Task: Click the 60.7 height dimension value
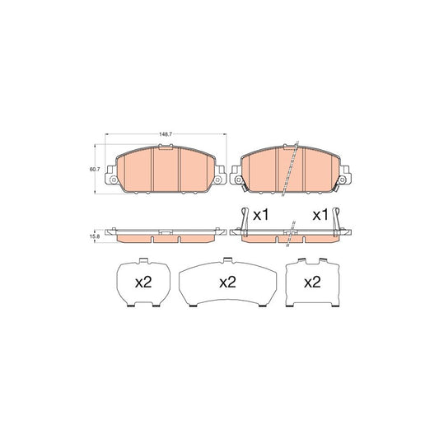pyautogui.click(x=93, y=170)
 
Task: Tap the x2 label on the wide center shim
pyautogui.click(x=227, y=282)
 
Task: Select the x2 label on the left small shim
pyautogui.click(x=143, y=282)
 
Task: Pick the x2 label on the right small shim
pyautogui.click(x=311, y=282)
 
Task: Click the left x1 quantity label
pyautogui.click(x=261, y=215)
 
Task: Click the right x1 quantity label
pyautogui.click(x=320, y=215)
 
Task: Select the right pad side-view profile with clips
pyautogui.click(x=292, y=236)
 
